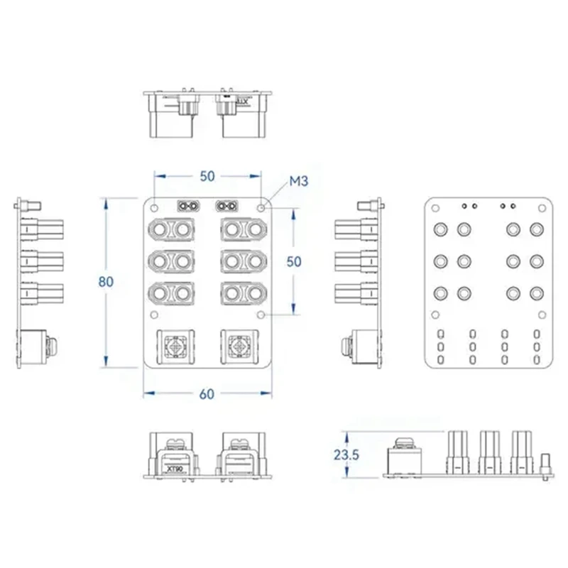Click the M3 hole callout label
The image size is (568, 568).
coord(297,183)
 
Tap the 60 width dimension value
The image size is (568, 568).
coord(207,395)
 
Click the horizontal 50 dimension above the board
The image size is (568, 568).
coord(207,175)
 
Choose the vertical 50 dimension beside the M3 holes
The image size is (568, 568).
coord(293,261)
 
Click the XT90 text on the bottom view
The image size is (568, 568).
coord(174,468)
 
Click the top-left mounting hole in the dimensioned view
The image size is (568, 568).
coord(153,208)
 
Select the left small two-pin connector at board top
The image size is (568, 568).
coord(188,207)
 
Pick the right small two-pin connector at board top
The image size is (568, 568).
coord(227,207)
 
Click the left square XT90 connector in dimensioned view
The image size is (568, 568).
coord(174,347)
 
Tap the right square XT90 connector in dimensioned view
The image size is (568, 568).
coord(241,347)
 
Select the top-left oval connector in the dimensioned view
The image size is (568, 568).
coord(171,230)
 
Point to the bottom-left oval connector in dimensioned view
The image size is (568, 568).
coord(171,292)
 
